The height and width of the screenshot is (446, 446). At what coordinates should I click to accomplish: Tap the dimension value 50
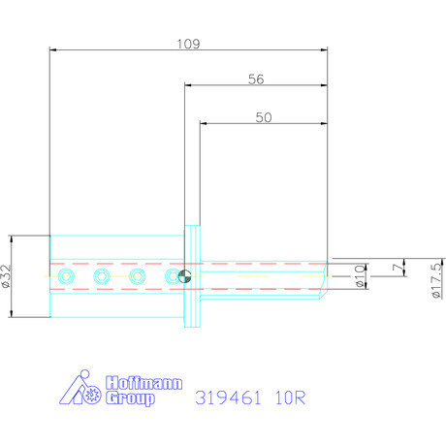(x=263, y=115)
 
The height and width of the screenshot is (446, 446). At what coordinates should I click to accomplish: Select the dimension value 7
(x=394, y=267)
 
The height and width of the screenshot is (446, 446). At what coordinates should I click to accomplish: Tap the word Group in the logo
(x=128, y=398)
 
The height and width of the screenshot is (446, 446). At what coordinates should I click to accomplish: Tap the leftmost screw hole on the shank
(x=65, y=277)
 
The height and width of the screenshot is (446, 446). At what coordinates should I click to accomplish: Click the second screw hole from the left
(x=102, y=277)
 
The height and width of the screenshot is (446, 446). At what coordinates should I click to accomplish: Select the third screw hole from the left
(x=139, y=277)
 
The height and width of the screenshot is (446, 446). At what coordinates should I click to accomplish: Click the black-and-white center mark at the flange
(x=183, y=277)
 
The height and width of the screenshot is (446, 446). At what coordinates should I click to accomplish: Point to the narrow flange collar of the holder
(x=193, y=276)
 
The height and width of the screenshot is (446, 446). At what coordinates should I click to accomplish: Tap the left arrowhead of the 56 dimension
(x=187, y=85)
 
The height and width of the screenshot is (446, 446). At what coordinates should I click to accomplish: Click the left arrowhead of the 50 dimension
(x=204, y=123)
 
